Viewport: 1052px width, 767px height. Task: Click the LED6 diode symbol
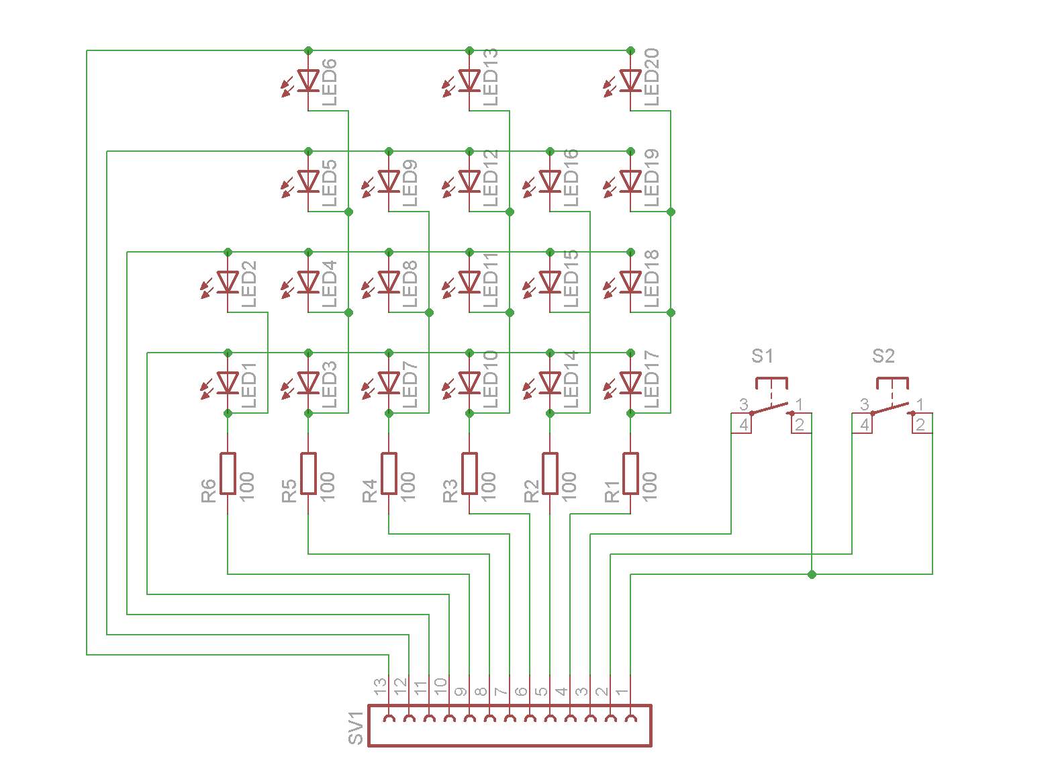pos(308,81)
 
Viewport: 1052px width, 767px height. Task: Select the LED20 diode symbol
pos(630,81)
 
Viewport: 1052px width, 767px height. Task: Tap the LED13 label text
pos(490,77)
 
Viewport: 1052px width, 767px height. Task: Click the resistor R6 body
pos(228,473)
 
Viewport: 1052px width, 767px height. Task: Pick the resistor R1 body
pos(630,473)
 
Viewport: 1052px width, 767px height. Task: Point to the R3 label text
pos(450,490)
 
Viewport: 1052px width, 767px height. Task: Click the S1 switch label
pos(762,356)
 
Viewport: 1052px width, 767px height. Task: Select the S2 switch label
pos(883,356)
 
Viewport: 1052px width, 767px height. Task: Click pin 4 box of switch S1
pos(742,424)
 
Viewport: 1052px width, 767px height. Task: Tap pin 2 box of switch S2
pos(922,424)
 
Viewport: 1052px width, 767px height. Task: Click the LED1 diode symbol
pos(228,383)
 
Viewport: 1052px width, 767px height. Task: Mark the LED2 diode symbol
pos(228,282)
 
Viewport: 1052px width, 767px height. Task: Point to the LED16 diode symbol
pos(550,181)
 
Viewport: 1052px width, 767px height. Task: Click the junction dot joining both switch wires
pos(812,574)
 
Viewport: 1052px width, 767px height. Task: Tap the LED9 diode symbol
pos(389,181)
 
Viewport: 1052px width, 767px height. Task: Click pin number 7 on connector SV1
pos(501,691)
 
